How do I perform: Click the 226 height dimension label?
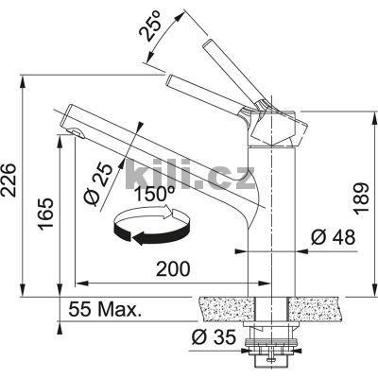8,180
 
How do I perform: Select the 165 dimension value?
45,214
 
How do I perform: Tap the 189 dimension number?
360,198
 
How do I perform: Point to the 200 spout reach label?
173,268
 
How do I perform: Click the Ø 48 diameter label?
334,237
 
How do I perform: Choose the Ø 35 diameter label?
214,337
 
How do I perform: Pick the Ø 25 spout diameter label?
98,184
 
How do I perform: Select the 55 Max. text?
104,309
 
